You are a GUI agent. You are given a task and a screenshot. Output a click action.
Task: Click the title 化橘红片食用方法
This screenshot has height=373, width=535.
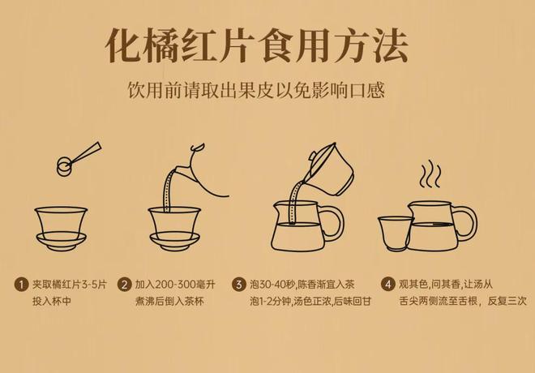[257, 45]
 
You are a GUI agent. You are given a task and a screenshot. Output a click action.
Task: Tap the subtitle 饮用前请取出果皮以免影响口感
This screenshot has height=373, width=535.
[256, 91]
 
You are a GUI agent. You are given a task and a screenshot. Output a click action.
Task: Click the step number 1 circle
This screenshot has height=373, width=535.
[21, 285]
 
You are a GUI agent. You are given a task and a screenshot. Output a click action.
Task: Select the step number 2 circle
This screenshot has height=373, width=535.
[124, 285]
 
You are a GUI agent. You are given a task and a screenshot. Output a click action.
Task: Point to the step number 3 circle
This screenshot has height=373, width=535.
[239, 285]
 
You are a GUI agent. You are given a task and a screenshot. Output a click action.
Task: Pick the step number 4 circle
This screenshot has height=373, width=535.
[388, 285]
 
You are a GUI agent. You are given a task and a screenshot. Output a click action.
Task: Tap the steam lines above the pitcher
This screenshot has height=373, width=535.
[430, 174]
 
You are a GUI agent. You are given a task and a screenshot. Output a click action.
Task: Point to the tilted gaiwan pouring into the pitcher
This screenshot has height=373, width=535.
[330, 169]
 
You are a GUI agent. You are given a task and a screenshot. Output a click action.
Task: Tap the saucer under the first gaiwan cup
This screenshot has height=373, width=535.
[62, 241]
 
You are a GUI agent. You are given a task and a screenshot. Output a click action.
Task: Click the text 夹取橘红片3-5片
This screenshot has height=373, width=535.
[70, 285]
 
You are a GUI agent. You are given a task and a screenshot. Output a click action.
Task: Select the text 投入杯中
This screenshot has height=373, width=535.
[52, 302]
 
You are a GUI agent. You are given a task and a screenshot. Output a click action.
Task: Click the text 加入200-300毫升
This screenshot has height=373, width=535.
[175, 285]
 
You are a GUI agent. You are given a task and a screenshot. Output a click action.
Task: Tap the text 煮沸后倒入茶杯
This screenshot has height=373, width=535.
[169, 302]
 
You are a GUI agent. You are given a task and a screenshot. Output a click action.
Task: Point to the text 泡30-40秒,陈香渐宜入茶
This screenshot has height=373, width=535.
[302, 285]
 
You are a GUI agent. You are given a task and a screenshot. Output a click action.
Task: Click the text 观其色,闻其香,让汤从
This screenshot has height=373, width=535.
[446, 285]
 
